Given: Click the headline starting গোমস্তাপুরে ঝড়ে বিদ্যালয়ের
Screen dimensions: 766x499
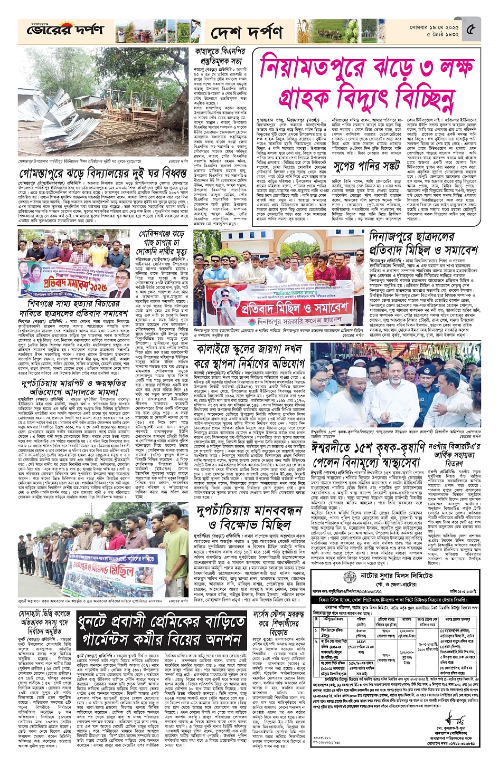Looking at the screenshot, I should [103, 173].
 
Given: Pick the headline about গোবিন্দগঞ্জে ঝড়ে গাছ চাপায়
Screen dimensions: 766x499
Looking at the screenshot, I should [162, 242].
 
